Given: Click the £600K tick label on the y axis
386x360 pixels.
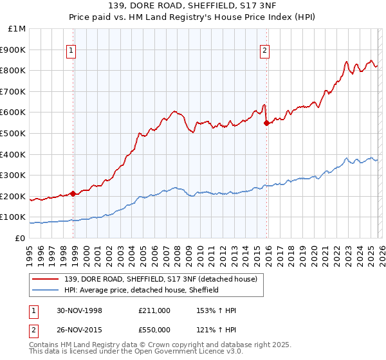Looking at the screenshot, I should (x=14, y=113).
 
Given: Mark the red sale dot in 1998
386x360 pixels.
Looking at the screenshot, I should (x=73, y=194).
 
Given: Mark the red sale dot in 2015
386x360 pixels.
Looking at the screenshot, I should (x=267, y=123).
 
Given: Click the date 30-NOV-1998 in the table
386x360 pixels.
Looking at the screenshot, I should (x=79, y=310).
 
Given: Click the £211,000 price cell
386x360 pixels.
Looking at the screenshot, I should (x=154, y=310).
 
